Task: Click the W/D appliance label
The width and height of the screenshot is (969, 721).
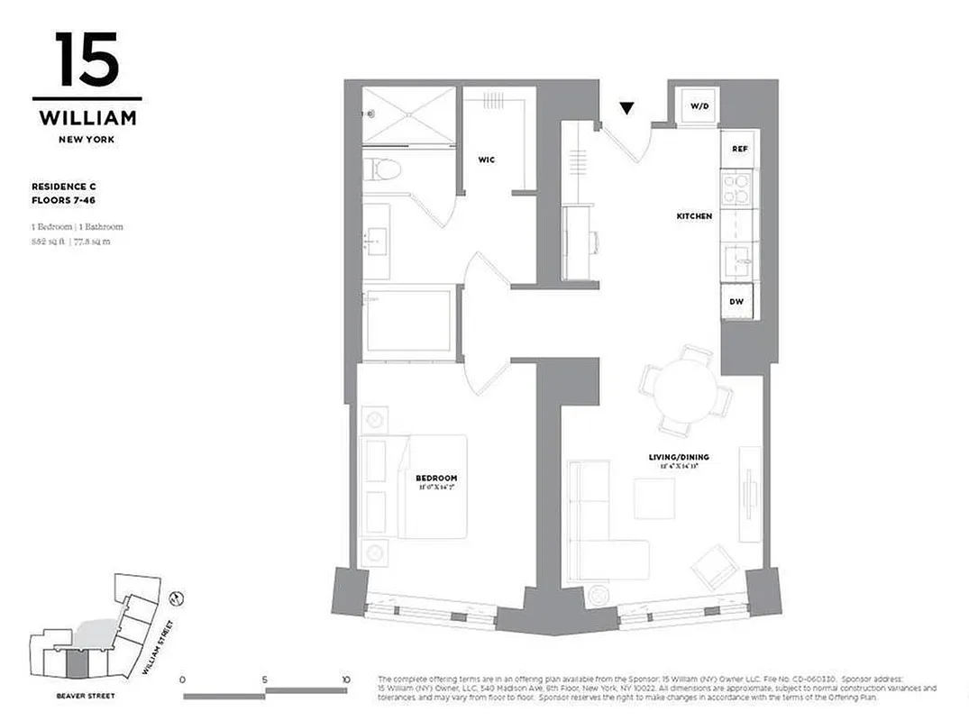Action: click(700, 106)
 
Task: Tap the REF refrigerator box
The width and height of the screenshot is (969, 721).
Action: click(739, 149)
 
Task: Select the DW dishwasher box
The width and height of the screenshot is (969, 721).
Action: click(736, 301)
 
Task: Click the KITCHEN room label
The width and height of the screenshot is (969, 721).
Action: click(694, 216)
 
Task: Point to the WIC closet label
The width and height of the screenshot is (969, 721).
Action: click(487, 160)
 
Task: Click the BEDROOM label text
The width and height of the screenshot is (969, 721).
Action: click(436, 478)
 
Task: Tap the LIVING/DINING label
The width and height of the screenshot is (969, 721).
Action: click(679, 457)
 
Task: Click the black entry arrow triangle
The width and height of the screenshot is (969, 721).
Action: click(627, 109)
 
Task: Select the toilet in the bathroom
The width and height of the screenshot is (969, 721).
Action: click(385, 169)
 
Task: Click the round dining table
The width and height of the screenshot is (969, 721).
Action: click(685, 388)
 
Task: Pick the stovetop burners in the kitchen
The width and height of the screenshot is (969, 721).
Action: click(737, 189)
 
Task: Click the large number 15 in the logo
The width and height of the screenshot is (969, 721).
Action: click(87, 59)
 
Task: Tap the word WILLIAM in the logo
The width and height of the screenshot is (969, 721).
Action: click(87, 117)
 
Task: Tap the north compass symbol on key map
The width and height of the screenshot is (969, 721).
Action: click(178, 596)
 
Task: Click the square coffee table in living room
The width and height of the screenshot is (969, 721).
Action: click(654, 497)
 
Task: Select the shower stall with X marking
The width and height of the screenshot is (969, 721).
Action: click(408, 114)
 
